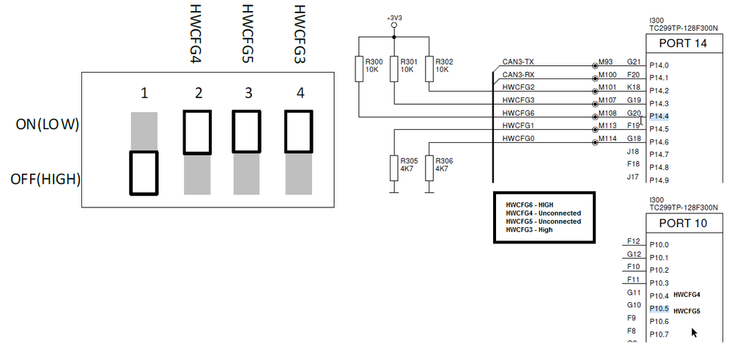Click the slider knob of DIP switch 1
tap(144, 173)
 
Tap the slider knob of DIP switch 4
tap(299, 132)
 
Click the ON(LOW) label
tap(47, 125)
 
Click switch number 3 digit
tap(248, 93)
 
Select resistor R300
tap(358, 70)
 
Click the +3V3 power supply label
tap(394, 18)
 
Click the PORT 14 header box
tap(684, 43)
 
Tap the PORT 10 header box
tap(684, 223)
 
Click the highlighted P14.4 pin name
tap(659, 116)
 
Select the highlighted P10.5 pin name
tap(659, 309)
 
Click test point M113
tap(607, 126)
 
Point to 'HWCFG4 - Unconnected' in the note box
tap(543, 213)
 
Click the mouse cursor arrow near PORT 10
tap(694, 332)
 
